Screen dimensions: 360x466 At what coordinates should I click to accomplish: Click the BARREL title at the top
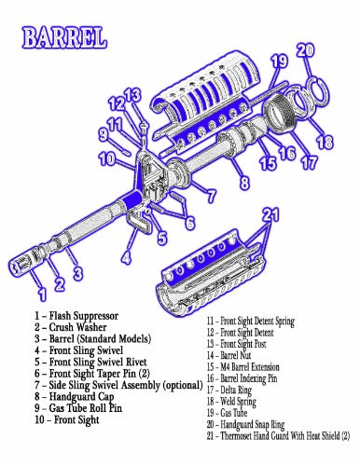(x=64, y=38)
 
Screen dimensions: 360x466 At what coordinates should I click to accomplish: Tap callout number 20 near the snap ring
(x=305, y=50)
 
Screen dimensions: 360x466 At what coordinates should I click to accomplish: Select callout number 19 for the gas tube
(x=279, y=62)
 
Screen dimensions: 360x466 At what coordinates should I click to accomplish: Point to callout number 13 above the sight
(x=132, y=94)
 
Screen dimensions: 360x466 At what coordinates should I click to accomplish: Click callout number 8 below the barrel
(x=244, y=182)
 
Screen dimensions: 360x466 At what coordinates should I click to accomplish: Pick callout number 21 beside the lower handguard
(x=271, y=215)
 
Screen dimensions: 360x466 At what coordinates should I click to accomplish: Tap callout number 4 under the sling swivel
(x=126, y=257)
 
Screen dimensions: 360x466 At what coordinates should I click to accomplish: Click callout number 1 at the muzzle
(x=43, y=294)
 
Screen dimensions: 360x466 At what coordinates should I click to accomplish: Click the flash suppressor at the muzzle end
(x=23, y=262)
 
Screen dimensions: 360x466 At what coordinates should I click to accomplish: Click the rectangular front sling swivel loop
(x=139, y=221)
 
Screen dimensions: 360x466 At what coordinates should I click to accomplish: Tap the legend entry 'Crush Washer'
(x=77, y=327)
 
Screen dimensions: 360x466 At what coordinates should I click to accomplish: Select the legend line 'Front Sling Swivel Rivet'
(x=98, y=362)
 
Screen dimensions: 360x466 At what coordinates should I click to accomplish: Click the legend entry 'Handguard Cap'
(x=81, y=397)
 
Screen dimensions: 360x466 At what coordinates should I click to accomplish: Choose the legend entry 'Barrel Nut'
(x=235, y=355)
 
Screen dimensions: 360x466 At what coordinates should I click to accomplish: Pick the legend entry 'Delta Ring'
(x=236, y=390)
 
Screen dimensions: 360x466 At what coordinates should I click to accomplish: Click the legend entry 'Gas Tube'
(x=234, y=413)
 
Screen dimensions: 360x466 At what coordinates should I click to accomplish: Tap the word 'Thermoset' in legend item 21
(x=236, y=436)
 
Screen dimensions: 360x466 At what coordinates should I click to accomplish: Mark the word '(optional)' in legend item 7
(x=183, y=385)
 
